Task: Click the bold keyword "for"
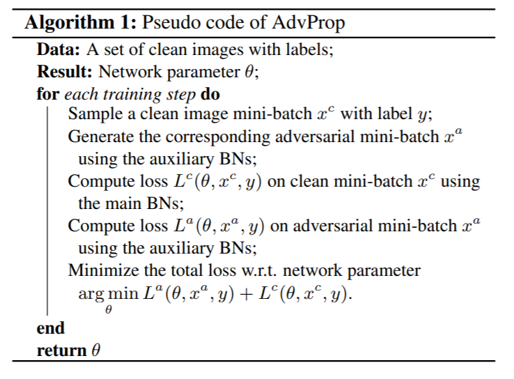point(47,93)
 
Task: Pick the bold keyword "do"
point(210,93)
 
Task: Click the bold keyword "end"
point(50,328)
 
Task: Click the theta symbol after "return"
point(96,350)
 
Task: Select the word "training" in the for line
point(143,93)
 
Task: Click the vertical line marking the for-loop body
point(48,209)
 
